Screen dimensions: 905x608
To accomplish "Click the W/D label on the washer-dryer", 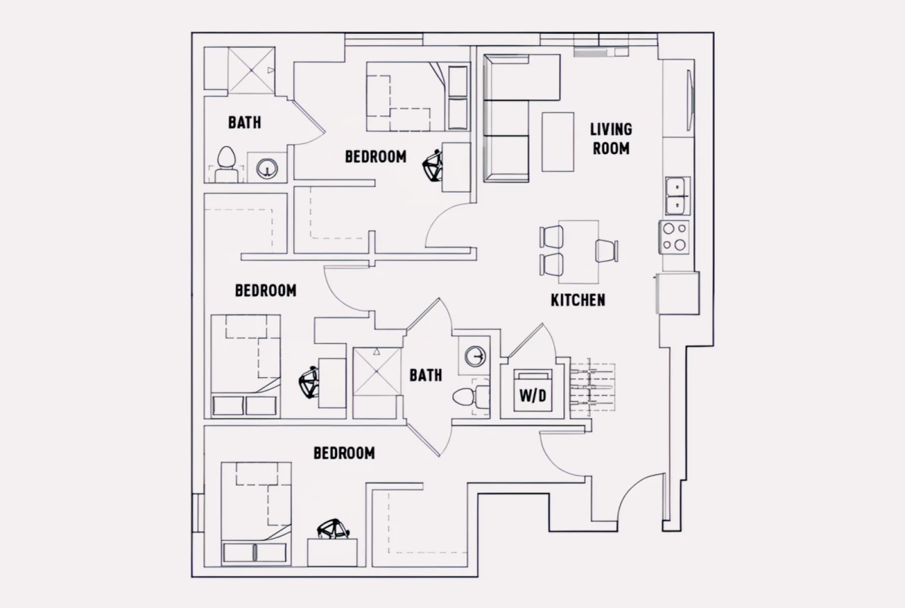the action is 533,396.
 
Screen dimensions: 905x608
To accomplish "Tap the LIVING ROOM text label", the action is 611,139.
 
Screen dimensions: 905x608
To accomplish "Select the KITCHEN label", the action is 578,300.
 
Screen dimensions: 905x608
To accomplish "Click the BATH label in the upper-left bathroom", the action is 245,122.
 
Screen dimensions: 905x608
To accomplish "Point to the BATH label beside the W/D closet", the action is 426,376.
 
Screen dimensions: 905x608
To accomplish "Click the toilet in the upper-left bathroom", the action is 226,164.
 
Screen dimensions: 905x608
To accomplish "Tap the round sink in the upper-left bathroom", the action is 267,167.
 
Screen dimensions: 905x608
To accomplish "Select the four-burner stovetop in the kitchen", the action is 674,237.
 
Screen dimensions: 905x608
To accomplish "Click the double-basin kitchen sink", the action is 677,196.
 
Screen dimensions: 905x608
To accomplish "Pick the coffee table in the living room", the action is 558,143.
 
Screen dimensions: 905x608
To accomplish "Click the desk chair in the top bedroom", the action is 432,165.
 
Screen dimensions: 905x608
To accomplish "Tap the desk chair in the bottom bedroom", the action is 333,530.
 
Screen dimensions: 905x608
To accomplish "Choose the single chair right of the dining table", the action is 607,251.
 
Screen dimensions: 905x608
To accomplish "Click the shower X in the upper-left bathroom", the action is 251,70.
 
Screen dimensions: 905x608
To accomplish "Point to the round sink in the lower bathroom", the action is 474,356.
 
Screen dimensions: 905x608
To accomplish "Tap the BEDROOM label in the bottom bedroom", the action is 344,453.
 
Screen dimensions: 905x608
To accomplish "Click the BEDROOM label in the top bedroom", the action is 376,157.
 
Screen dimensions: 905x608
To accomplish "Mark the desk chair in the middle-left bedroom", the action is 309,382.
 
